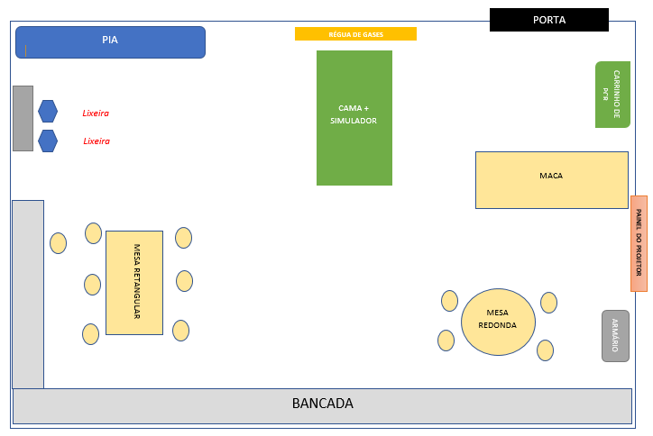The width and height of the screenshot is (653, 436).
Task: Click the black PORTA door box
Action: coord(548,20)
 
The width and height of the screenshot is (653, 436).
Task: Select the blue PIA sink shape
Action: coord(110,41)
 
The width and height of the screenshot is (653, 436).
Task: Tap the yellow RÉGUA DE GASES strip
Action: coord(355,34)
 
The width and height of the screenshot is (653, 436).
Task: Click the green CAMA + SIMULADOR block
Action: coord(354,117)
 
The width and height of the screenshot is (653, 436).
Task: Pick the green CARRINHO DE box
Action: coord(612,95)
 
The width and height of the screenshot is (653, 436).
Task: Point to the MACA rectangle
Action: coord(551,180)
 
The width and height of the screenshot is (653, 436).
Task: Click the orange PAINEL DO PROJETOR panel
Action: coord(639,243)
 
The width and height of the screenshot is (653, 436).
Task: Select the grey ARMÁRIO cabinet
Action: coord(615,335)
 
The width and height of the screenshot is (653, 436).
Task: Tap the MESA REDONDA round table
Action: coord(498,322)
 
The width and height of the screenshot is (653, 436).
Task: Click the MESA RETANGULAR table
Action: coord(133,282)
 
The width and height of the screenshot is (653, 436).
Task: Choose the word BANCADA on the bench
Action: coord(322,404)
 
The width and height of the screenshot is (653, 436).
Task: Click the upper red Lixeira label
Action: coord(96,114)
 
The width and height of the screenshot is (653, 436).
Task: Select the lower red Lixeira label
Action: coord(96,141)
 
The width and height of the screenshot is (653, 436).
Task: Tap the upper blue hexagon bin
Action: coord(48,111)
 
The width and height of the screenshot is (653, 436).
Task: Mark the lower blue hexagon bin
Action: coord(48,141)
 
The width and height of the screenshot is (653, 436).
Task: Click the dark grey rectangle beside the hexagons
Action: coord(23,118)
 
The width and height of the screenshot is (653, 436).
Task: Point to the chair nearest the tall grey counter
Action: coord(58,243)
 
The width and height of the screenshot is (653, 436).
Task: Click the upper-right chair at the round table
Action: coord(548,303)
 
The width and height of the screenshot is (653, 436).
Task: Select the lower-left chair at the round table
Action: coord(446,341)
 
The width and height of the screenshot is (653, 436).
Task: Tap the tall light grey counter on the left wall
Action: coord(27,294)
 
